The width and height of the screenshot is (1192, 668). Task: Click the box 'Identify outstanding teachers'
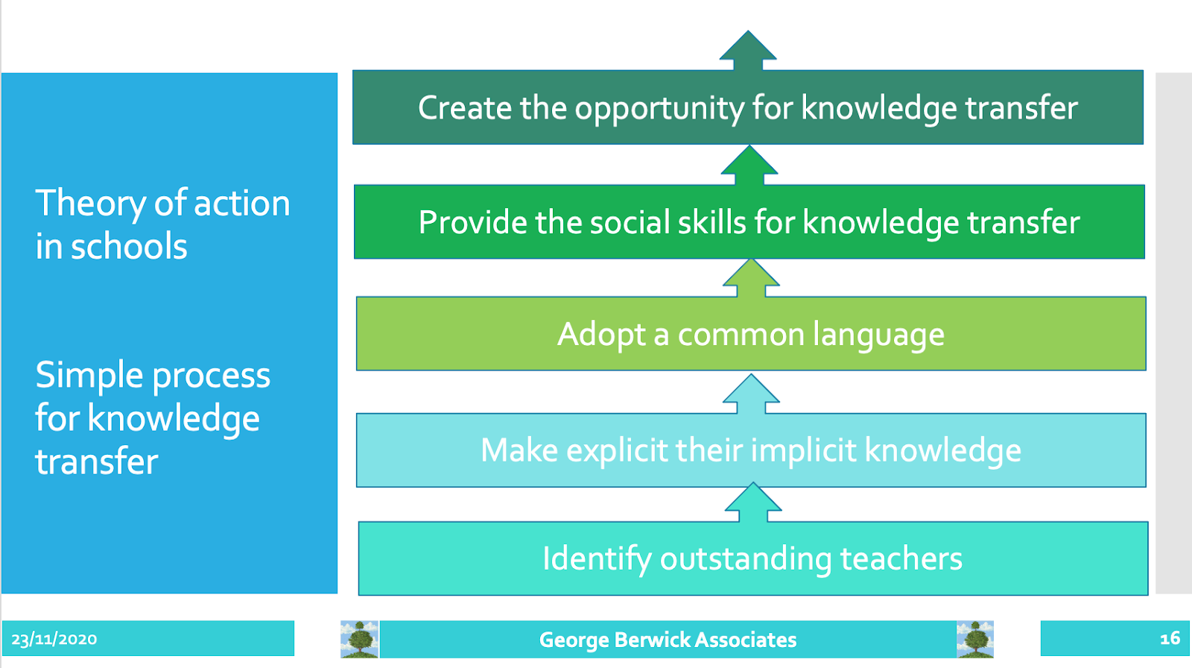pyautogui.click(x=753, y=558)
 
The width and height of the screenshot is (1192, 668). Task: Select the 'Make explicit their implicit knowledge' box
pyautogui.click(x=751, y=450)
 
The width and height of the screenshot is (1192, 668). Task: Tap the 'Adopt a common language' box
pyautogui.click(x=751, y=333)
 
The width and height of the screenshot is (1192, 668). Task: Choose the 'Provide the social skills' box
pyautogui.click(x=749, y=221)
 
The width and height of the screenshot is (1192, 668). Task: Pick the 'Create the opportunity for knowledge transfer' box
pyautogui.click(x=748, y=107)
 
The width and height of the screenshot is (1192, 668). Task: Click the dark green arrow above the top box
pyautogui.click(x=748, y=51)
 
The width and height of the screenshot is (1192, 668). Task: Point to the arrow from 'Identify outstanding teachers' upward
pyautogui.click(x=753, y=502)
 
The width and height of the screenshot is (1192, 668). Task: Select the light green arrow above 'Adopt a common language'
pyautogui.click(x=751, y=278)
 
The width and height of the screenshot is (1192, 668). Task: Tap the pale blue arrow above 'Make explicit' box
pyautogui.click(x=751, y=394)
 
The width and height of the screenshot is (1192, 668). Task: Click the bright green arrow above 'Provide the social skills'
pyautogui.click(x=749, y=166)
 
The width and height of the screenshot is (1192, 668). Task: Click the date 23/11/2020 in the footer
pyautogui.click(x=54, y=639)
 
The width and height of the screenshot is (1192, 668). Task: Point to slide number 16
pyautogui.click(x=1170, y=638)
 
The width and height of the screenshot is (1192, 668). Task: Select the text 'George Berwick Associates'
pyautogui.click(x=668, y=640)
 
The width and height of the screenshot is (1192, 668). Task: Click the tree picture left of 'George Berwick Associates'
pyautogui.click(x=360, y=639)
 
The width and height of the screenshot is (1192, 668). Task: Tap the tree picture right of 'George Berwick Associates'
pyautogui.click(x=975, y=639)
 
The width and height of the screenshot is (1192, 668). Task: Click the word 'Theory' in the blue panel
pyautogui.click(x=90, y=204)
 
